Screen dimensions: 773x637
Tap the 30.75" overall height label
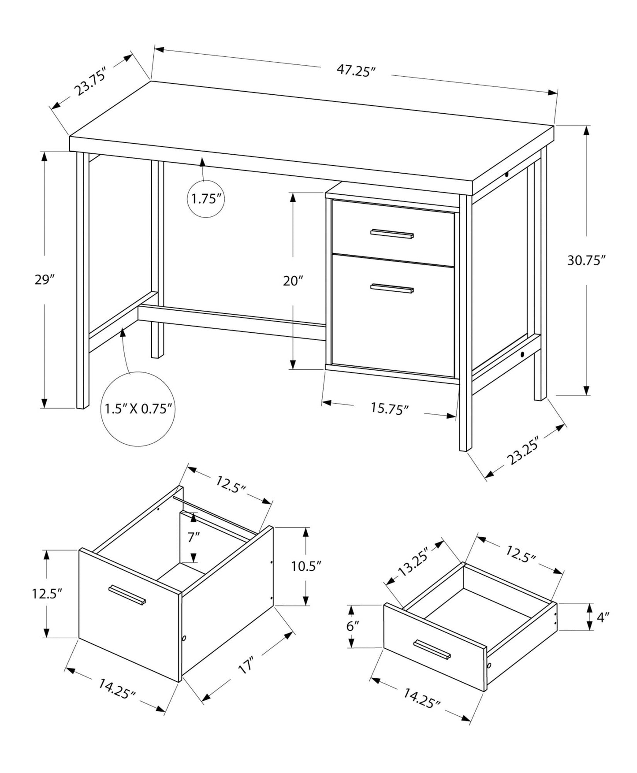pyautogui.click(x=585, y=260)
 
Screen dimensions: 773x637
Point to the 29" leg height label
pyautogui.click(x=44, y=280)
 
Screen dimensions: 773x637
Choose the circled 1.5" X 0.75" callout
pyautogui.click(x=138, y=409)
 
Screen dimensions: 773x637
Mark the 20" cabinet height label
pyautogui.click(x=293, y=281)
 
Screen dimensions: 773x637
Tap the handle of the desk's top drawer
pyautogui.click(x=392, y=234)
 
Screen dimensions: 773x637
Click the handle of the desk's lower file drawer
pyautogui.click(x=392, y=288)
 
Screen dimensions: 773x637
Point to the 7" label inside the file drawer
pyautogui.click(x=194, y=537)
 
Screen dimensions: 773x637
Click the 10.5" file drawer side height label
pyautogui.click(x=306, y=566)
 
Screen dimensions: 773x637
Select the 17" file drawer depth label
pyautogui.click(x=246, y=666)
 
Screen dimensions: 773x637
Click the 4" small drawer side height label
pyautogui.click(x=602, y=617)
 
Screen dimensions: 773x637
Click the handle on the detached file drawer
pyautogui.click(x=127, y=595)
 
